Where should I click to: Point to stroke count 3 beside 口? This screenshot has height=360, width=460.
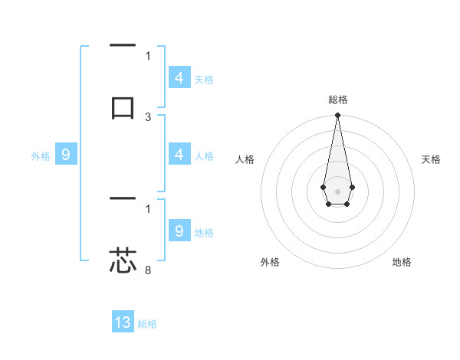148,117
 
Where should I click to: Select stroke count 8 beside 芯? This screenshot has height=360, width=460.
148,270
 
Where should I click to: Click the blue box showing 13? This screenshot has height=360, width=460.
123,322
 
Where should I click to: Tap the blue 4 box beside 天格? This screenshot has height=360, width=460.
179,78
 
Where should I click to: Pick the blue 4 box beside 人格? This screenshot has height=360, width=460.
179,155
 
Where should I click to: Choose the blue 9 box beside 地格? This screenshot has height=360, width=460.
179,231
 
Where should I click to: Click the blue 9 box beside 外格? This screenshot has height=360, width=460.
66,155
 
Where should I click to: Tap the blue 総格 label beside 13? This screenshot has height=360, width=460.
147,324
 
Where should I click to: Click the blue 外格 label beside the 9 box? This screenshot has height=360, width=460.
41,156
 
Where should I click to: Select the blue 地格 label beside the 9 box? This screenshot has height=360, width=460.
204,233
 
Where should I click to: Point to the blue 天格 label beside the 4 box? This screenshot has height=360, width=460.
204,80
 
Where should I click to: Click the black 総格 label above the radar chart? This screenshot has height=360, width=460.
337,100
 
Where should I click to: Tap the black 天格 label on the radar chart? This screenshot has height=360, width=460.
432,159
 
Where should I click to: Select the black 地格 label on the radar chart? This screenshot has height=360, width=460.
402,262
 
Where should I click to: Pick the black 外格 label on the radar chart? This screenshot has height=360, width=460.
270,262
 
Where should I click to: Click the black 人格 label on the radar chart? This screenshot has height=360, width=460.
245,159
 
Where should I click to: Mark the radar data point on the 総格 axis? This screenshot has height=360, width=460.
337,116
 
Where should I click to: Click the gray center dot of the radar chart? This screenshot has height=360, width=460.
337,190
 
